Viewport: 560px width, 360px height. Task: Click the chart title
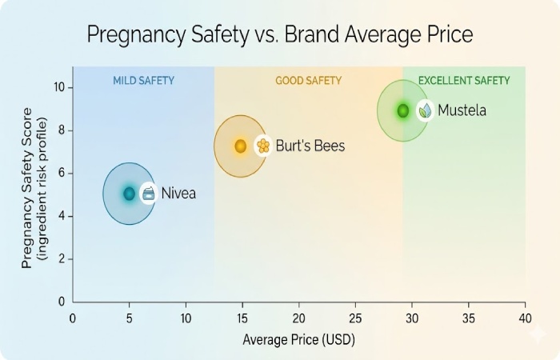click(280, 35)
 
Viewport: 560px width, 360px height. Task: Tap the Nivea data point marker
click(129, 194)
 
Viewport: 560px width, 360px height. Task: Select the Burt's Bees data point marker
click(240, 146)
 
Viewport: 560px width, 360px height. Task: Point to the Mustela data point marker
click(402, 110)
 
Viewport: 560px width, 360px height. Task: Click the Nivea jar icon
click(148, 194)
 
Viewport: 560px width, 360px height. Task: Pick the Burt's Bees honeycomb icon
click(262, 146)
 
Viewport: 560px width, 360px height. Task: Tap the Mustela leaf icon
click(425, 110)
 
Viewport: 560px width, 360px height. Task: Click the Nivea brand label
click(178, 194)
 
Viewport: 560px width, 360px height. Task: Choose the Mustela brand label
click(462, 110)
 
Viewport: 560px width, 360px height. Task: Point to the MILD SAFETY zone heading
click(143, 81)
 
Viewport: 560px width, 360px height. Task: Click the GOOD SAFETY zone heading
click(308, 81)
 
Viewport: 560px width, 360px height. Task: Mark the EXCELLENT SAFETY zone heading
click(464, 81)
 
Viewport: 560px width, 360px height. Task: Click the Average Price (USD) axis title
click(298, 340)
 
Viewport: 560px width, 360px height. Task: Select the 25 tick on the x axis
click(356, 317)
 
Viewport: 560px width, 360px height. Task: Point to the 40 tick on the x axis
click(525, 317)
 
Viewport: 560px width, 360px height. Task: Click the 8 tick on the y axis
click(60, 130)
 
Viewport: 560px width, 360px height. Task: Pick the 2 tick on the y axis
click(60, 259)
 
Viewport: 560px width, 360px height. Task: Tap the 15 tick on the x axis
click(242, 317)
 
